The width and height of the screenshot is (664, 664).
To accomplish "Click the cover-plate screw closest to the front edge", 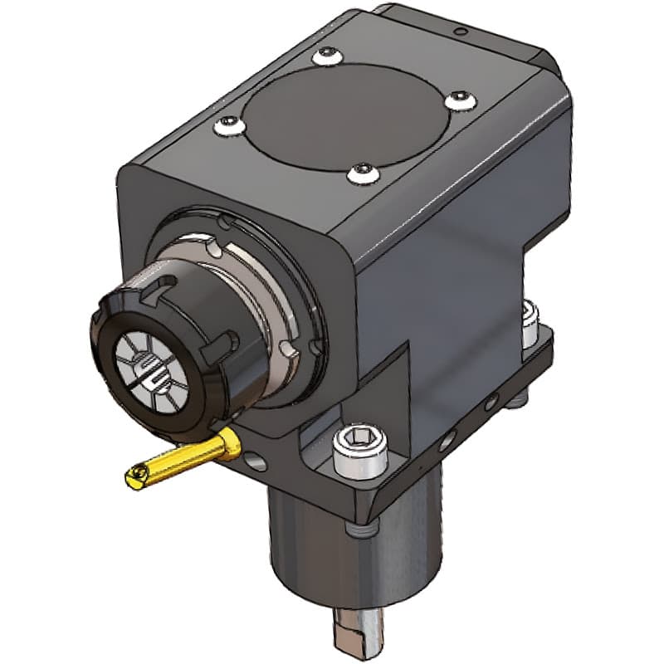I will point(362,173).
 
